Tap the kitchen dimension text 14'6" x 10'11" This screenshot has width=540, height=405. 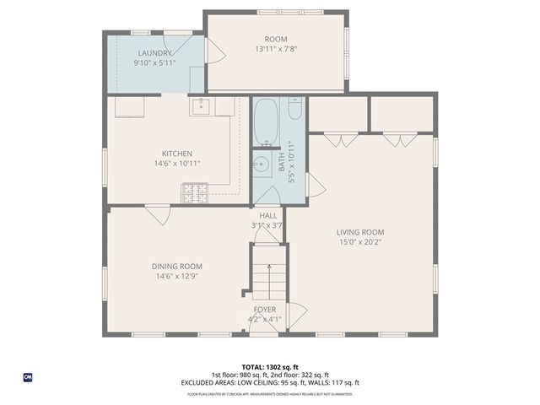[x=177, y=164]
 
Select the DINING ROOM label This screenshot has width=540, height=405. [x=178, y=266]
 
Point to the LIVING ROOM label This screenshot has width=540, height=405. [x=360, y=232]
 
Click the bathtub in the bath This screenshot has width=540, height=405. [x=266, y=122]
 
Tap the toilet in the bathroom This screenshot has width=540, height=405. [x=294, y=111]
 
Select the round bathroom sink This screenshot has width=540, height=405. [x=262, y=165]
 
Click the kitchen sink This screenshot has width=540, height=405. [x=202, y=106]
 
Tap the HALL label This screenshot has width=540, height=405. [x=267, y=215]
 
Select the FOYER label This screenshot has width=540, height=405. [x=265, y=310]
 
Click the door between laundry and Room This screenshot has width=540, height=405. [x=214, y=51]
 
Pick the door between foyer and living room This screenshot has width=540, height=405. [x=294, y=315]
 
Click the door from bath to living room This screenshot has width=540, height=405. [x=314, y=186]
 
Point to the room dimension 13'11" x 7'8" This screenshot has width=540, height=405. [x=276, y=49]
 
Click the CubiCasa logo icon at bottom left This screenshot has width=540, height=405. [x=27, y=376]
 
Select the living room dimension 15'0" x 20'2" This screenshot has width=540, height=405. [x=360, y=242]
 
